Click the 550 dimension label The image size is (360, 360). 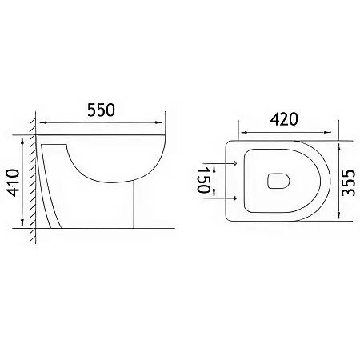pyautogui.click(x=102, y=110)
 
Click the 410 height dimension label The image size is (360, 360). pyautogui.click(x=13, y=182)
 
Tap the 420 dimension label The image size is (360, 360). pyautogui.click(x=284, y=119)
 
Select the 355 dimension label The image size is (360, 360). pyautogui.click(x=349, y=182)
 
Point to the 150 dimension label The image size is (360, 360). pyautogui.click(x=204, y=181)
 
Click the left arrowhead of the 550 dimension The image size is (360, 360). pyautogui.click(x=43, y=122)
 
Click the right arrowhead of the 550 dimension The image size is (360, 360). pyautogui.click(x=158, y=122)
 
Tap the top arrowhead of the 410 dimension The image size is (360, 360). pyautogui.click(x=22, y=142)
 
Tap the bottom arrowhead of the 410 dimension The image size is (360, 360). pyautogui.click(x=22, y=222)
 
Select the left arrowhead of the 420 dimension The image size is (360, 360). pyautogui.click(x=244, y=132)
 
